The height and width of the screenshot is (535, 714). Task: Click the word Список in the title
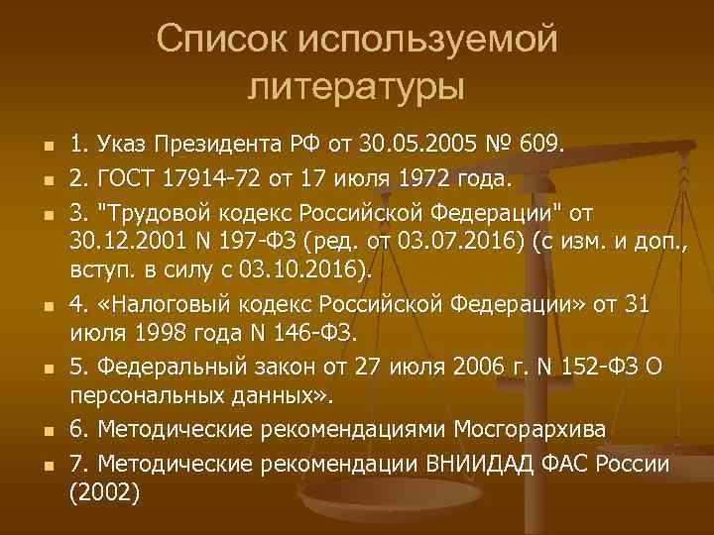point(213,41)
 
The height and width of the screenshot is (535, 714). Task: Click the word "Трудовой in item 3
point(155,212)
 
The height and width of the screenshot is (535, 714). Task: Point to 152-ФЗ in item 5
point(584,367)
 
